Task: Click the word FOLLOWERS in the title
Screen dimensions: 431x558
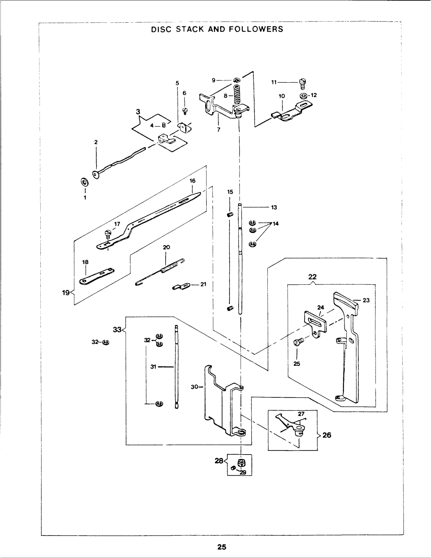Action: (256, 29)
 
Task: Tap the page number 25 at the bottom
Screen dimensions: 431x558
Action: (221, 547)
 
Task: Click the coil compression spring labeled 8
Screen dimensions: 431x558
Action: (237, 95)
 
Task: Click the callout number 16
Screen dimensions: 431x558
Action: (192, 181)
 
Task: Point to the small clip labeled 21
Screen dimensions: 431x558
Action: (181, 286)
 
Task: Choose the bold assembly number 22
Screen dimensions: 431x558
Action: (312, 277)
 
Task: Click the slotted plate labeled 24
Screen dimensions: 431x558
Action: (315, 324)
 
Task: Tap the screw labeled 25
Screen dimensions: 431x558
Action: (299, 342)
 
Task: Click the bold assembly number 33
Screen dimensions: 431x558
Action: (117, 330)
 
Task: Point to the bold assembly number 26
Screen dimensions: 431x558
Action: (326, 435)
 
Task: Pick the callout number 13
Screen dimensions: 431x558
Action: (274, 207)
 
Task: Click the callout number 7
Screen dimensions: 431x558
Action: (218, 130)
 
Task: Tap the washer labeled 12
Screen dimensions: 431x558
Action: (303, 96)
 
